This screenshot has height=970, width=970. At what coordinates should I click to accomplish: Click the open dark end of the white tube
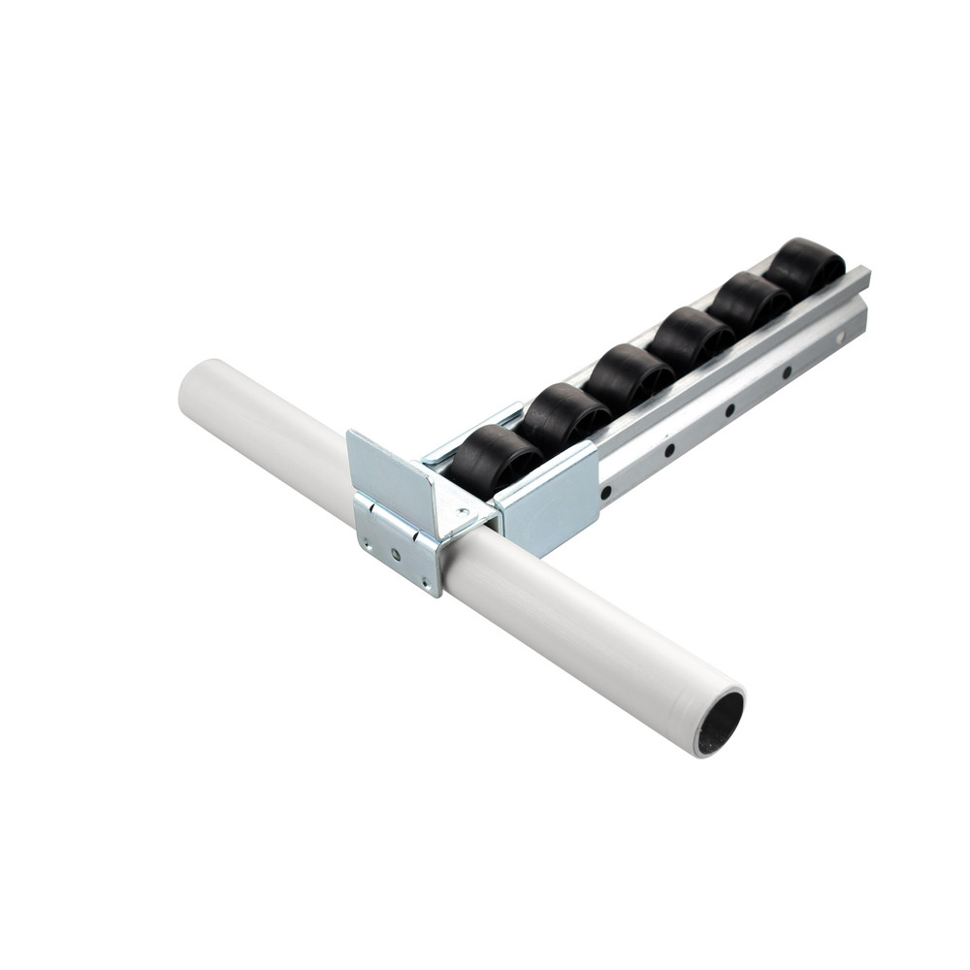[x=720, y=723]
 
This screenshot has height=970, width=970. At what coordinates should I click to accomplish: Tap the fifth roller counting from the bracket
[x=748, y=304]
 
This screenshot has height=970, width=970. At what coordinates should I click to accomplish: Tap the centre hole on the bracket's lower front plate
[x=396, y=555]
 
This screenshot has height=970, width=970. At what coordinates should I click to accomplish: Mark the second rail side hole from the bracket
[x=669, y=450]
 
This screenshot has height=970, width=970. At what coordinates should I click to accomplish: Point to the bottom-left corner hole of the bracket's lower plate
[x=364, y=537]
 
